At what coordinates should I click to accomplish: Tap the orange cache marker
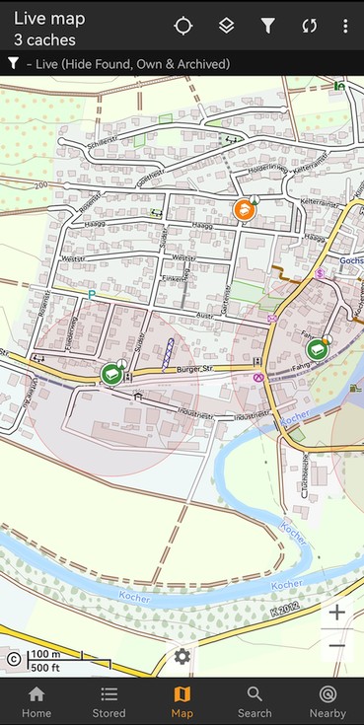point(243,209)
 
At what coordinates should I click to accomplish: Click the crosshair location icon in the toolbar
point(183,26)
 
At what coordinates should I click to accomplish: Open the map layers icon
point(226,26)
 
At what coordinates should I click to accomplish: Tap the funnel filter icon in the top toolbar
point(267,26)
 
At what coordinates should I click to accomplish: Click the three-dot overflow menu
point(345,26)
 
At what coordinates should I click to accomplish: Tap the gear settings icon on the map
point(182,656)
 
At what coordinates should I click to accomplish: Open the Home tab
point(36,701)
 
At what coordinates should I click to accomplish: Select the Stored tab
point(109,701)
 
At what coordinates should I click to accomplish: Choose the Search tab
point(255,701)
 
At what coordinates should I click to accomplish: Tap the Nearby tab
point(328,701)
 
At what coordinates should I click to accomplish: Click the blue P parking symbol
point(92,294)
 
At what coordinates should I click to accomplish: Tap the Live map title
point(49,19)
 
